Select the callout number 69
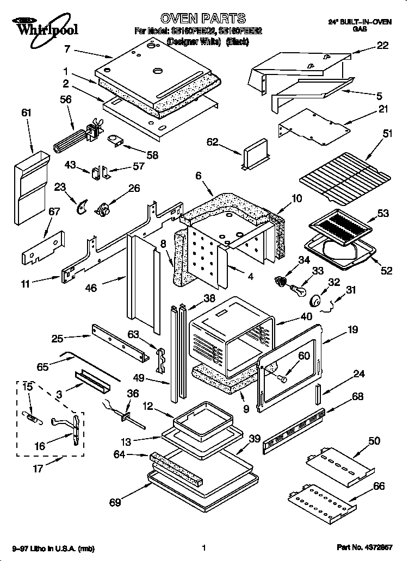point(114,502)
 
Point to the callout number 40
point(306,316)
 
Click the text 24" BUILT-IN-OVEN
point(360,21)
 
